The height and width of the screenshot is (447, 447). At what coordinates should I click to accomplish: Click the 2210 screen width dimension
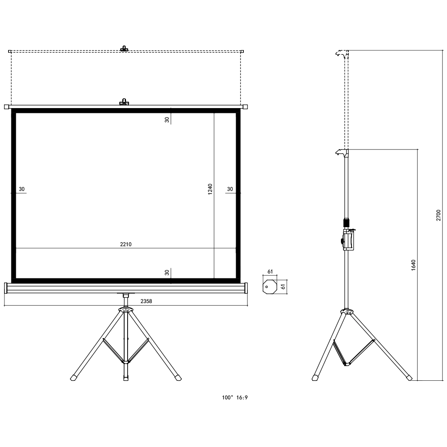click(126, 244)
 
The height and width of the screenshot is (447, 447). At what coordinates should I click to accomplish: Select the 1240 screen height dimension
click(210, 189)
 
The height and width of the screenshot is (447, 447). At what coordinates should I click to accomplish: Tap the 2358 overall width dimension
click(146, 301)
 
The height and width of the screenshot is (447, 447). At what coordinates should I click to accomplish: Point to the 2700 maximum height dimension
click(438, 215)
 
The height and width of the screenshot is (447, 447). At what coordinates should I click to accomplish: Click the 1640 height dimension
click(414, 265)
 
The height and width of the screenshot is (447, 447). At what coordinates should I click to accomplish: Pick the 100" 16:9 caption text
click(235, 397)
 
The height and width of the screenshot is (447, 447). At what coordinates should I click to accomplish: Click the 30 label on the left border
click(22, 189)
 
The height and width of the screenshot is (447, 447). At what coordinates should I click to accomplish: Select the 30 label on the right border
click(230, 189)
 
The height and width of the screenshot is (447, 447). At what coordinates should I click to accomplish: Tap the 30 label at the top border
click(167, 120)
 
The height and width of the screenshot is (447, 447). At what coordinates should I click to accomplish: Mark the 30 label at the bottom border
click(167, 273)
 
